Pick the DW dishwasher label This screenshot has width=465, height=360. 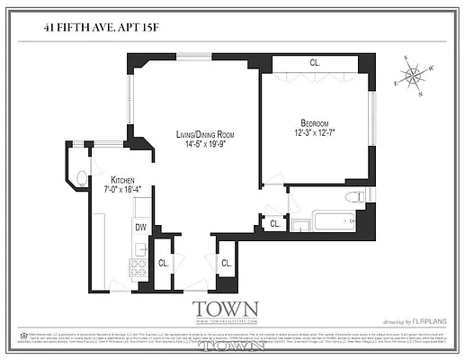(141, 228)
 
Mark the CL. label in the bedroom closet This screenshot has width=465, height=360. (315, 63)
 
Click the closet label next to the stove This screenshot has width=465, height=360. (163, 264)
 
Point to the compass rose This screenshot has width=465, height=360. (416, 75)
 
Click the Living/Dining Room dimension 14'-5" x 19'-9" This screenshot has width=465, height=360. (202, 144)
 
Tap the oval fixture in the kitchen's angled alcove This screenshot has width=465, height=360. (82, 176)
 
